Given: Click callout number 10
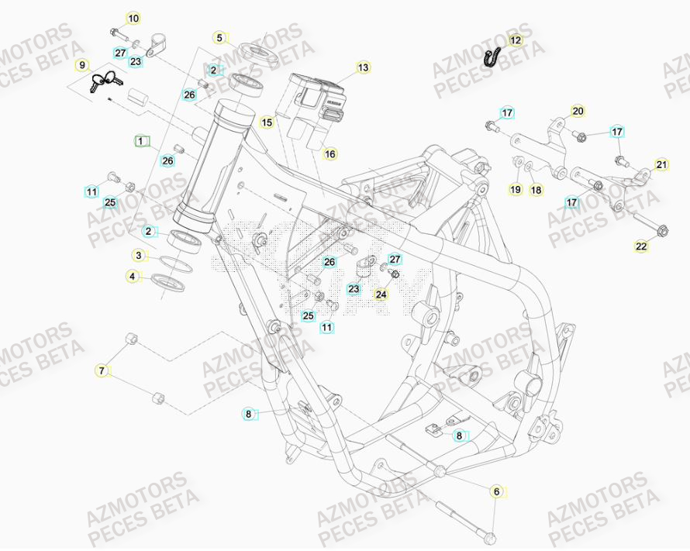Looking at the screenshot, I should click(x=133, y=18).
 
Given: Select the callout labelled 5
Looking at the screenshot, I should click(x=219, y=37).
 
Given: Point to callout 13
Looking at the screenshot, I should click(x=364, y=67).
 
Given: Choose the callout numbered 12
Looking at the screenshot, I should click(x=516, y=40).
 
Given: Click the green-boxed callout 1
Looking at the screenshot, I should click(x=140, y=141).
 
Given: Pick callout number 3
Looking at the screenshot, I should click(x=138, y=255).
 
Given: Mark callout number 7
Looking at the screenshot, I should click(x=101, y=371).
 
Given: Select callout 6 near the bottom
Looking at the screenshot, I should click(x=496, y=491).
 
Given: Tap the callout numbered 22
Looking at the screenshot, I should click(x=641, y=247).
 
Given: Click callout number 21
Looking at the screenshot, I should click(x=661, y=164).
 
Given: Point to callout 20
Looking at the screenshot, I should click(x=578, y=111).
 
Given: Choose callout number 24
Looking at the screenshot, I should click(x=381, y=294).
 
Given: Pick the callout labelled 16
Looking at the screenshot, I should click(x=330, y=154).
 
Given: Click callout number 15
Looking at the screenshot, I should click(x=267, y=122).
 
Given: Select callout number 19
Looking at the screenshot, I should click(x=515, y=189).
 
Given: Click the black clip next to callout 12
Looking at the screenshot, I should click(x=492, y=56).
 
